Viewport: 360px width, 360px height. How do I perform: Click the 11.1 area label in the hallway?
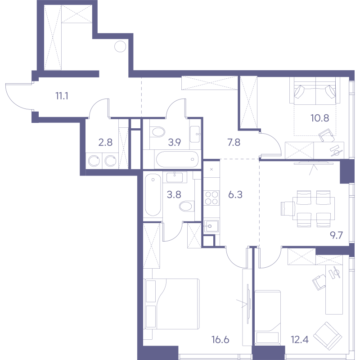[x=62, y=96]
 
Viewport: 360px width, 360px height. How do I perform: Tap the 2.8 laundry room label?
[x=105, y=142]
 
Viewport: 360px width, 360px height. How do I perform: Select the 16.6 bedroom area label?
[x=220, y=340]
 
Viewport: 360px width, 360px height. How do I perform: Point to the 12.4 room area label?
[x=300, y=339]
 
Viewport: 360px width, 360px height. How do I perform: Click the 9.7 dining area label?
[x=336, y=235]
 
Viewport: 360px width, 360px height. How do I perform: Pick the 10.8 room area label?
[x=320, y=118]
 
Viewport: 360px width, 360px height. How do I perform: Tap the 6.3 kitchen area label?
[x=235, y=195]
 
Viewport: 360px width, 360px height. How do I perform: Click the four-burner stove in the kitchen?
[x=211, y=198]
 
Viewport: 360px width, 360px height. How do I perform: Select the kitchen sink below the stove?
[x=211, y=226]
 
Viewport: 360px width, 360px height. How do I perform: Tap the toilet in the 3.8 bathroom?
[x=187, y=206]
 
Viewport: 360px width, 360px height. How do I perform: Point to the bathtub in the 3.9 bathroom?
[x=177, y=159]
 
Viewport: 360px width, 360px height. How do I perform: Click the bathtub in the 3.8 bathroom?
[x=153, y=195]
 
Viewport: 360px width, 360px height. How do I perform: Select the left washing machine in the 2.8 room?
[x=94, y=161]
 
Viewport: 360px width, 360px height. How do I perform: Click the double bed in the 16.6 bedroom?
[x=171, y=304]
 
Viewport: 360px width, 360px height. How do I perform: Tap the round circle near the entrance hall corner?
[x=120, y=46]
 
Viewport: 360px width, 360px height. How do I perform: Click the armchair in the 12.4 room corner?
[x=328, y=333]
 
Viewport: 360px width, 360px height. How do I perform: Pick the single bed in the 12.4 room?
[x=268, y=317]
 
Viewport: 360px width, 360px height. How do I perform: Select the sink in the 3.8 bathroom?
[x=175, y=177]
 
